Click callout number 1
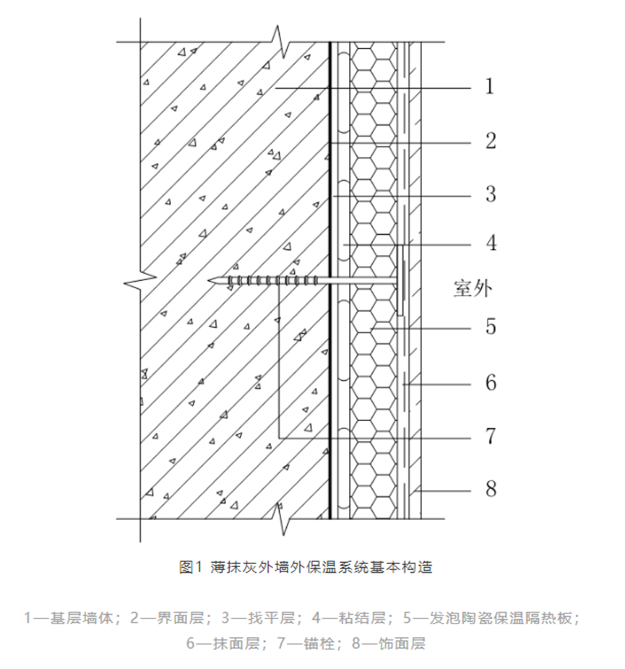(x=490, y=87)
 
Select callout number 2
(x=490, y=141)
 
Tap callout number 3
(x=490, y=194)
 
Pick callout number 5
(x=490, y=327)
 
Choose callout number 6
(x=490, y=381)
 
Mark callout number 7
(x=490, y=436)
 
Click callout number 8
(x=490, y=489)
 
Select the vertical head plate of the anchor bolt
(x=399, y=280)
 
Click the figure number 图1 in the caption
(x=188, y=567)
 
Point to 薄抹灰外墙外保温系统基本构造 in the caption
(x=322, y=567)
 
